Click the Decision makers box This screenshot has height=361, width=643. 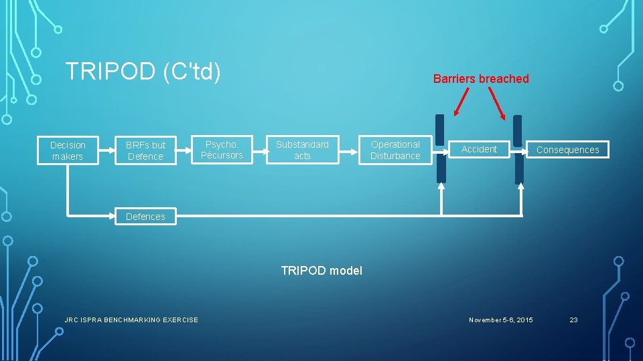[x=68, y=150]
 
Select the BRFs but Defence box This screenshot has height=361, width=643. [x=145, y=150]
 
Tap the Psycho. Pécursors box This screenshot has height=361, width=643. [x=222, y=150]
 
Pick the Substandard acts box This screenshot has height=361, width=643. [x=302, y=150]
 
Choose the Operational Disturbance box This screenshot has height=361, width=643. [x=395, y=150]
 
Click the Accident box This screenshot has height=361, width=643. [x=479, y=149]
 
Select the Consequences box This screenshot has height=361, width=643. [x=567, y=150]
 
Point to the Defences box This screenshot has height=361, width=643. [x=145, y=216]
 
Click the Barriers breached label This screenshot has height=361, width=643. [x=481, y=79]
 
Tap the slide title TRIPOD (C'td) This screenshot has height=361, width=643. [x=143, y=71]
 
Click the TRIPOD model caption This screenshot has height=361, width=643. [x=321, y=271]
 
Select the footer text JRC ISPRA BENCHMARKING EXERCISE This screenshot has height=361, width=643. [x=131, y=320]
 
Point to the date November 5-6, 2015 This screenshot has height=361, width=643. [x=501, y=320]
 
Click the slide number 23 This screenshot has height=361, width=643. [x=573, y=320]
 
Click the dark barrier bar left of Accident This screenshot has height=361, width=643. [x=440, y=148]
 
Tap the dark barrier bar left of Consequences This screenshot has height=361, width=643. [x=518, y=149]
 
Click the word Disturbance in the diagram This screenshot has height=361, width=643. [x=395, y=156]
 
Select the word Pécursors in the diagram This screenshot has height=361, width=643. [x=222, y=156]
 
